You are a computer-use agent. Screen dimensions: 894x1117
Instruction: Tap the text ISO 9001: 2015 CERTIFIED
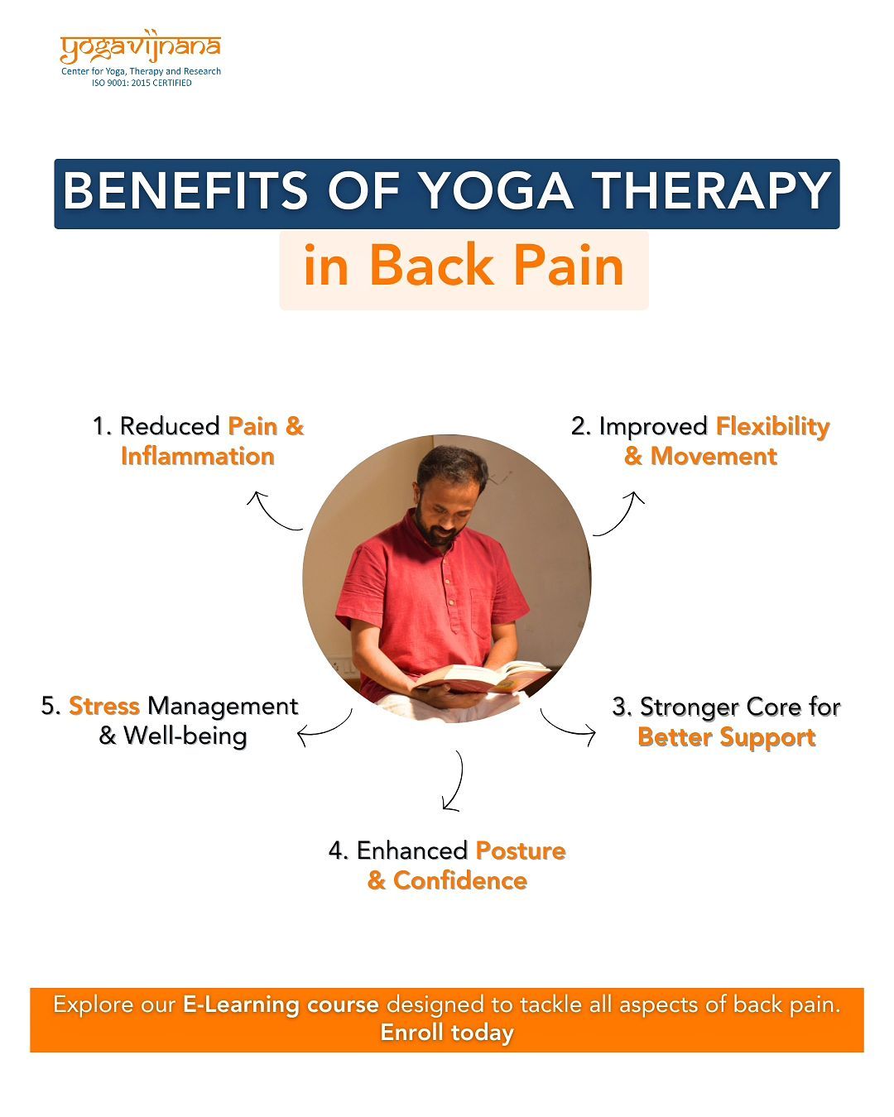click(142, 83)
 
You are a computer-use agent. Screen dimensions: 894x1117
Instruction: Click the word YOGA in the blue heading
click(497, 190)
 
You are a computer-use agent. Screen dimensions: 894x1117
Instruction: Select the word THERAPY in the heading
click(712, 190)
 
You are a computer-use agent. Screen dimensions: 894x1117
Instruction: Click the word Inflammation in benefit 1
click(197, 457)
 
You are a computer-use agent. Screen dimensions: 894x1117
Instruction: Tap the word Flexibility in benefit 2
click(773, 428)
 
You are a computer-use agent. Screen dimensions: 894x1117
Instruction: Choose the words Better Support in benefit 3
click(727, 738)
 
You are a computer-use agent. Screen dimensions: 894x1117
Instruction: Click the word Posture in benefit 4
click(521, 851)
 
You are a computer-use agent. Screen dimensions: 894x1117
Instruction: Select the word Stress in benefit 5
click(104, 707)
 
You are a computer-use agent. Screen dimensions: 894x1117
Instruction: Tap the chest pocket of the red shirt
click(483, 612)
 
